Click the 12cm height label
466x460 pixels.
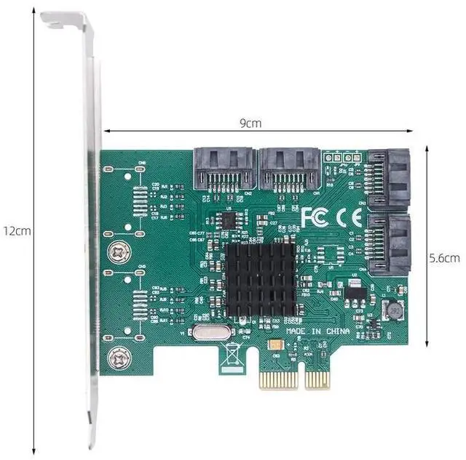[16, 230]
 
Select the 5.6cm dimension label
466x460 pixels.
[443, 257]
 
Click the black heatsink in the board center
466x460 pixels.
[259, 281]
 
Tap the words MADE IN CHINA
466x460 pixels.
[317, 331]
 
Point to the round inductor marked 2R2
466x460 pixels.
[393, 310]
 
